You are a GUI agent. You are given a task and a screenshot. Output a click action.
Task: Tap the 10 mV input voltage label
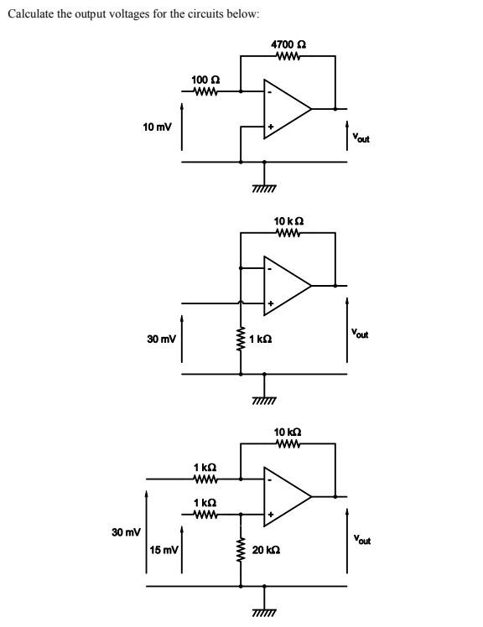[x=157, y=127]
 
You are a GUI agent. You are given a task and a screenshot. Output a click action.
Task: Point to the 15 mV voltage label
[x=164, y=550]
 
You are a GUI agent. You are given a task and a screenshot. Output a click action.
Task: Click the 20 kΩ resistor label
[x=266, y=550]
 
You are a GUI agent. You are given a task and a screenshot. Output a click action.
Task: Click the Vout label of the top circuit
[x=361, y=137]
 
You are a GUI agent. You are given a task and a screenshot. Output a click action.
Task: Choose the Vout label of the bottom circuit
[x=361, y=539]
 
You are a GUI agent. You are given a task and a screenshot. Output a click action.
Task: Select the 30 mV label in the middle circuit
[x=161, y=339]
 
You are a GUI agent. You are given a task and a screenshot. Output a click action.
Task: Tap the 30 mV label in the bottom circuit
[x=125, y=532]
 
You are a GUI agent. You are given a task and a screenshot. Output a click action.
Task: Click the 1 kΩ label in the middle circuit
[x=263, y=340]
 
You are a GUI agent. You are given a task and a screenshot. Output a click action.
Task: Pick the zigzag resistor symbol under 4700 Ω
[x=288, y=57]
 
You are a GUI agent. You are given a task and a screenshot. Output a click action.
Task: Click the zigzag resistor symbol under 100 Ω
[x=205, y=91]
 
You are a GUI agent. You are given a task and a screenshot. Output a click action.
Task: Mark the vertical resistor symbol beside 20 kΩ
[x=241, y=550]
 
